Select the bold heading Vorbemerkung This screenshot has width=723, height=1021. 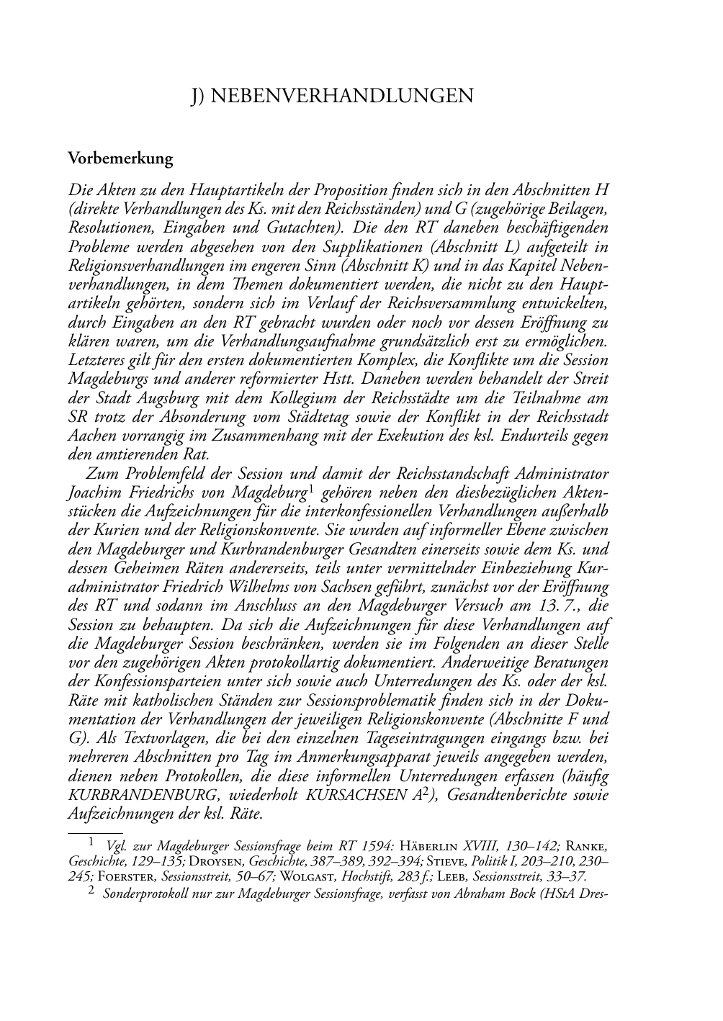coord(120,158)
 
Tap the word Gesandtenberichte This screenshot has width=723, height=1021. coord(503,796)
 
